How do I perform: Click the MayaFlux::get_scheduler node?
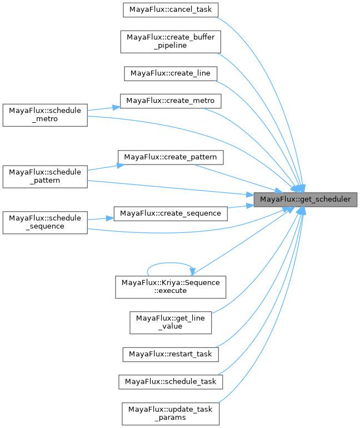click(x=305, y=199)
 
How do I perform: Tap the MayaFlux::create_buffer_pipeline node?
click(x=171, y=41)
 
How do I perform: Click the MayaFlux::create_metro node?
click(x=171, y=101)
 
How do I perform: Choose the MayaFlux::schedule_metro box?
click(x=45, y=115)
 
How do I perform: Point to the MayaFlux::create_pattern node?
click(x=171, y=157)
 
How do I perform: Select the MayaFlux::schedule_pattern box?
click(x=45, y=176)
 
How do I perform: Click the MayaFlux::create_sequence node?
click(x=171, y=213)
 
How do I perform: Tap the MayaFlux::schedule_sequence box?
click(x=45, y=222)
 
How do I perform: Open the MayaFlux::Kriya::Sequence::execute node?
click(x=171, y=286)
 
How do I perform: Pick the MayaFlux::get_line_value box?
click(x=171, y=322)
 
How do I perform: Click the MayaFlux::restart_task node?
click(x=171, y=354)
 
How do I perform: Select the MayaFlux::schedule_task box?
click(x=171, y=382)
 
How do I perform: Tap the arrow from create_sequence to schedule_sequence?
click(x=100, y=218)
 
